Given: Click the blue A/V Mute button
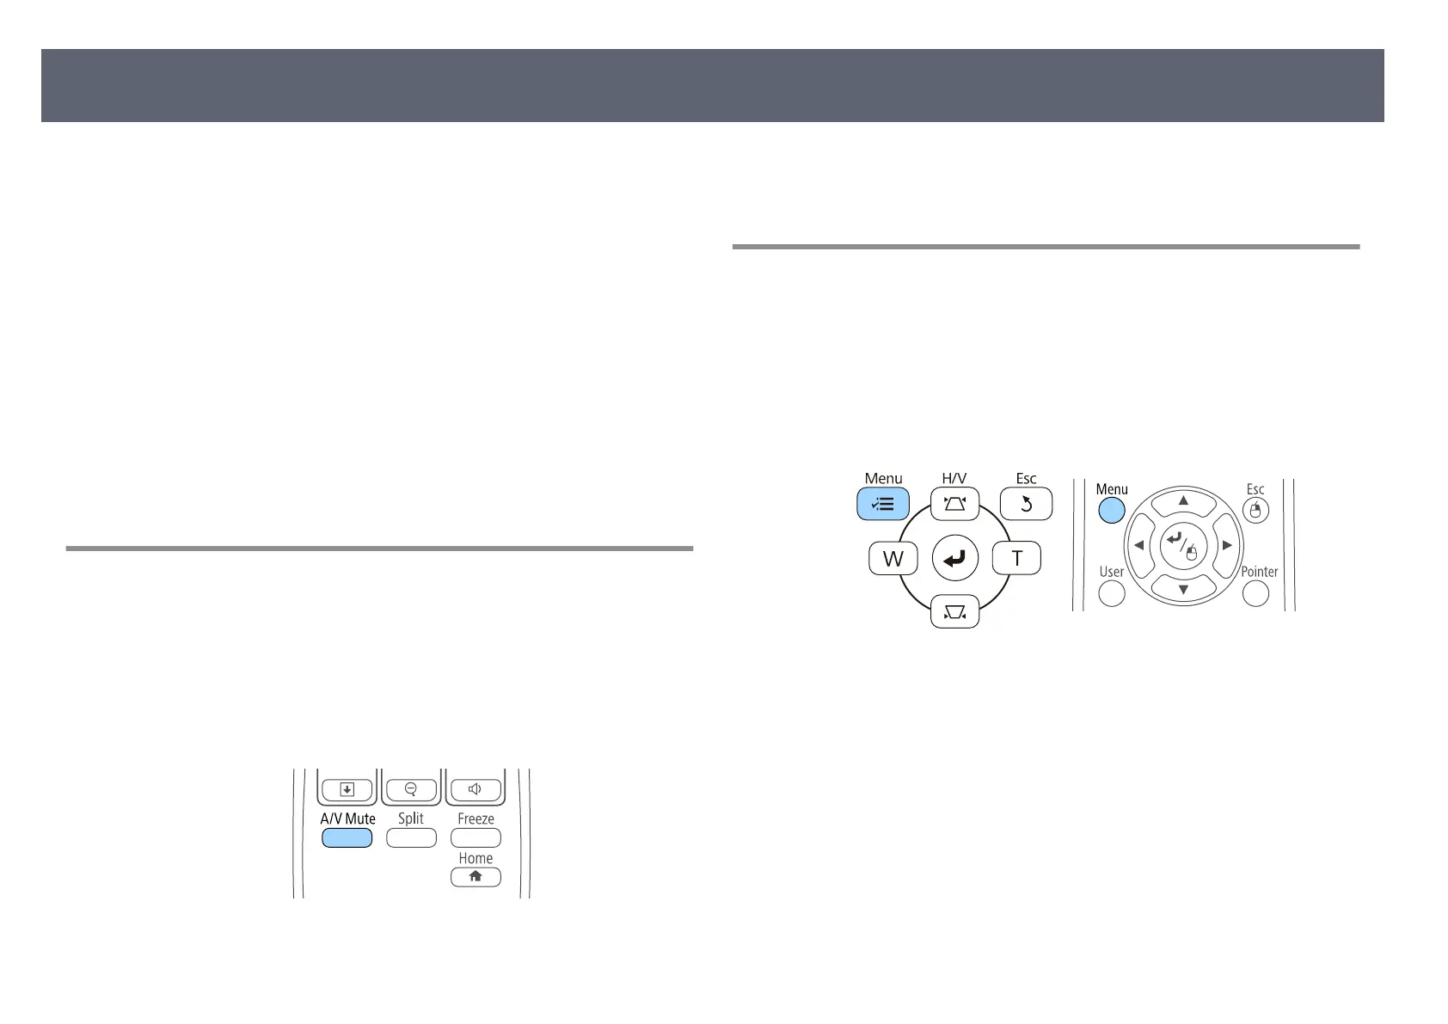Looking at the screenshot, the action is [347, 837].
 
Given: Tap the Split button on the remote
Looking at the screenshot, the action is [411, 837].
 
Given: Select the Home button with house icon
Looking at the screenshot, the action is [476, 877].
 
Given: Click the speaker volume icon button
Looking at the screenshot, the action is [475, 788].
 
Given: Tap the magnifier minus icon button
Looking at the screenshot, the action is [411, 788].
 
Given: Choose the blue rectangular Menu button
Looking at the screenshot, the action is [883, 505].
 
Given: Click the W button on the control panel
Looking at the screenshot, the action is [893, 559].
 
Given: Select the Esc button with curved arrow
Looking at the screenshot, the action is [1026, 505].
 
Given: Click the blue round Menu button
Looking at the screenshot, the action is [1112, 510].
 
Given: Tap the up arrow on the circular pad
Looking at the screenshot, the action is [1183, 500].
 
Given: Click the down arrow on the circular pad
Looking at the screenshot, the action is [1183, 589].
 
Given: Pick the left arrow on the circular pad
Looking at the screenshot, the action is [1138, 545].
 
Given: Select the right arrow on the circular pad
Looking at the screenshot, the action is [1228, 545].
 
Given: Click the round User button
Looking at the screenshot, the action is [1112, 593].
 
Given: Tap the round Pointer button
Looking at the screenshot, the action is [1256, 593].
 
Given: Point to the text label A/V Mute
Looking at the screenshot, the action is [347, 819].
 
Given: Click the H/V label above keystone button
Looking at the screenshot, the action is [954, 479].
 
